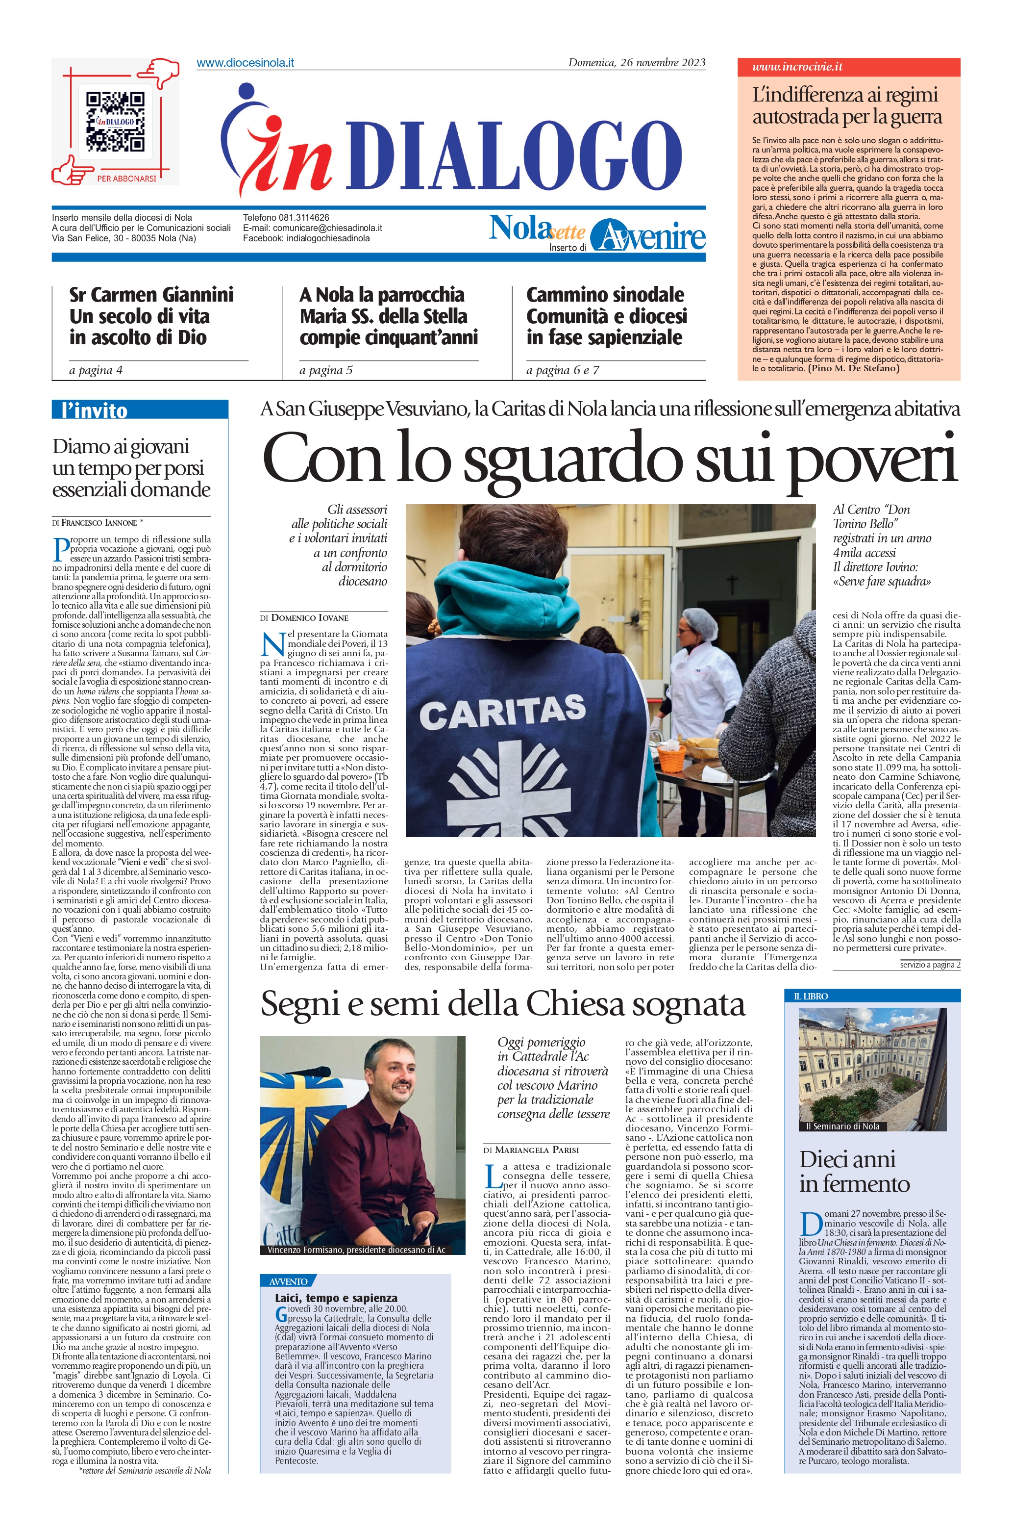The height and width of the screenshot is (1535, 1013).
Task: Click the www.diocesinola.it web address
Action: pyautogui.click(x=245, y=63)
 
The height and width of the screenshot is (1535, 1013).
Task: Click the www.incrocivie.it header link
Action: pyautogui.click(x=797, y=67)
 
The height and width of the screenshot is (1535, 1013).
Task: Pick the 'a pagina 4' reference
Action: pyautogui.click(x=96, y=370)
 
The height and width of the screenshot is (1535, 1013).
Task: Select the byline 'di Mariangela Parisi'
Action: pyautogui.click(x=531, y=1150)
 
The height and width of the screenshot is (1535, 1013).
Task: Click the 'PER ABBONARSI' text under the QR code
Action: pyautogui.click(x=126, y=178)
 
